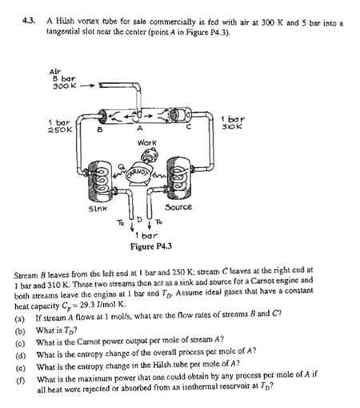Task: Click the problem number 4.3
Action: [x=29, y=21]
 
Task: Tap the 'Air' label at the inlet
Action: [x=55, y=72]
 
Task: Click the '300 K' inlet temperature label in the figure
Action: [x=64, y=86]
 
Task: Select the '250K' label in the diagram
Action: [x=60, y=130]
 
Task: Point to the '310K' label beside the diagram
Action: [x=232, y=126]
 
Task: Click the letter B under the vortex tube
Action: [x=100, y=130]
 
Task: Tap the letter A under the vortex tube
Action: [x=139, y=129]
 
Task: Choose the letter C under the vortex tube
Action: [x=189, y=127]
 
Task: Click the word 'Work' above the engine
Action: [x=147, y=143]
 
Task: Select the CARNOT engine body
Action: [x=138, y=174]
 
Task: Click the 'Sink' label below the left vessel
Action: [x=98, y=208]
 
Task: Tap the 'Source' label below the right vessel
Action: [x=178, y=207]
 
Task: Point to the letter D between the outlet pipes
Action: [x=139, y=220]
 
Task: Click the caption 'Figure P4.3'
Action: [x=151, y=246]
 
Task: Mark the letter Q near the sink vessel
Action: [x=122, y=166]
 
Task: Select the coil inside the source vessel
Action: [x=178, y=177]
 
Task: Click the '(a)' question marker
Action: [x=20, y=318]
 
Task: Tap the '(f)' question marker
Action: [x=20, y=380]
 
